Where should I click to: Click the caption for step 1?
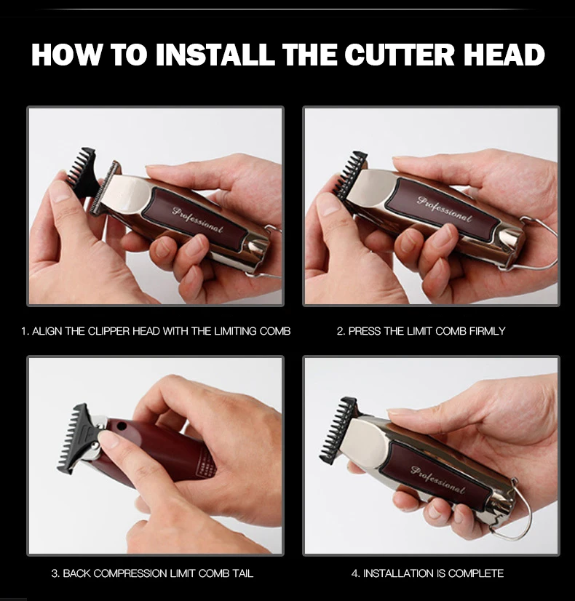coord(156,331)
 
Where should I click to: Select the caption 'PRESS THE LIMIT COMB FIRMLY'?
coord(421,331)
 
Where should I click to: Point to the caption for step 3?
coord(152,573)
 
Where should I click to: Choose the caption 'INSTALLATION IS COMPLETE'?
coord(427,573)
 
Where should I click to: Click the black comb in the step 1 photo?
coord(82,170)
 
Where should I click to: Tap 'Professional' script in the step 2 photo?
coord(444,208)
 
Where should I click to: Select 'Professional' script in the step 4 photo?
coord(437,481)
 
